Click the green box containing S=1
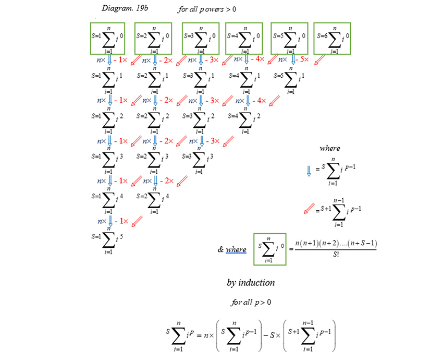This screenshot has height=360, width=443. click(109, 38)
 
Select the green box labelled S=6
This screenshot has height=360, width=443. click(332, 38)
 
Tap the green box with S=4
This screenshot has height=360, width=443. click(244, 38)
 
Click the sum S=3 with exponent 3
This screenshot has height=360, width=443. click(198, 159)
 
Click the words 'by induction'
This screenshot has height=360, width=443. click(251, 282)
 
